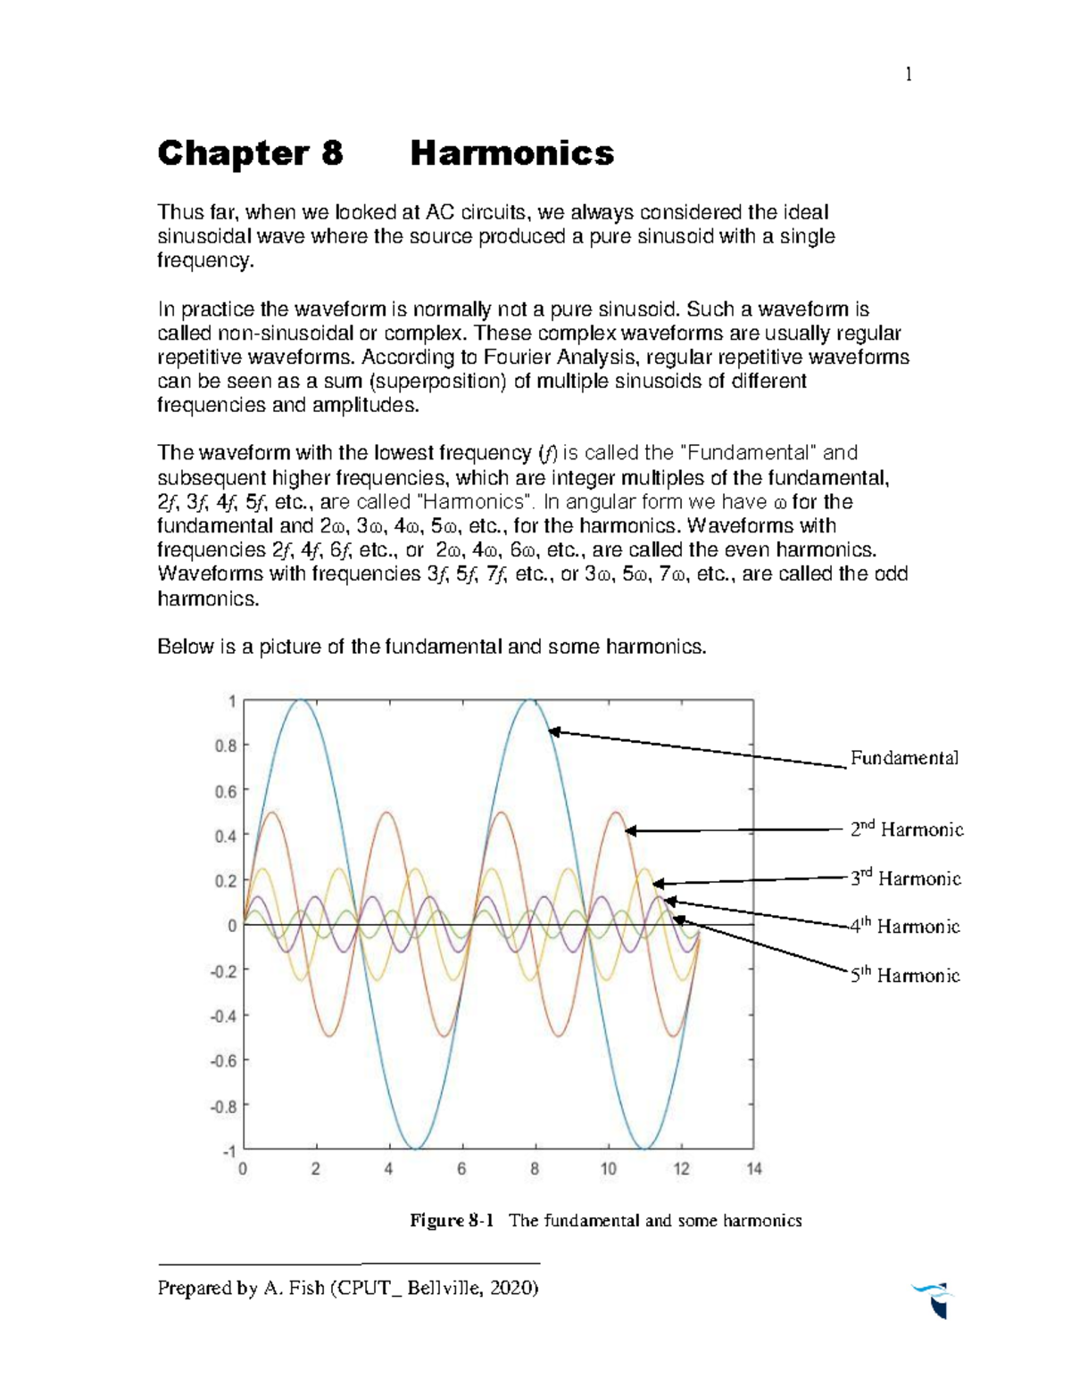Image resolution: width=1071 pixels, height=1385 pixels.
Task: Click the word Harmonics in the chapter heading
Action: (511, 153)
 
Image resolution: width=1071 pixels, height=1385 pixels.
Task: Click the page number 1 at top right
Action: (908, 75)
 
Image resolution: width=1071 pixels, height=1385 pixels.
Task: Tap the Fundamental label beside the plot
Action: (903, 758)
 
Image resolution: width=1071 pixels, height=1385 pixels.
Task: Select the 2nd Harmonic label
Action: (906, 830)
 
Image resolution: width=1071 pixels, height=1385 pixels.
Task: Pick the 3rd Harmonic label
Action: (905, 878)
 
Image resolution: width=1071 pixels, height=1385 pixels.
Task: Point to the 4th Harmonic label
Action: (904, 927)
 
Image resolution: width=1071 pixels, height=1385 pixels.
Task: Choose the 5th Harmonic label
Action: (904, 975)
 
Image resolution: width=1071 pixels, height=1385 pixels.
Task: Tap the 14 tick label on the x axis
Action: (754, 1169)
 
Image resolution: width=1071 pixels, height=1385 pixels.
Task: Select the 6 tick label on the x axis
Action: (461, 1169)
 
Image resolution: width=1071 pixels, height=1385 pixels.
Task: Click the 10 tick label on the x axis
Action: (608, 1169)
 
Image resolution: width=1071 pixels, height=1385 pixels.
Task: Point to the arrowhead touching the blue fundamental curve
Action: (553, 731)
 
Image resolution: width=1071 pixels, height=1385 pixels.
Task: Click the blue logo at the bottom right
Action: (933, 1299)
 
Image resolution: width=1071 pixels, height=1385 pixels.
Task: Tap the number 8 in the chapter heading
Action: (331, 153)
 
